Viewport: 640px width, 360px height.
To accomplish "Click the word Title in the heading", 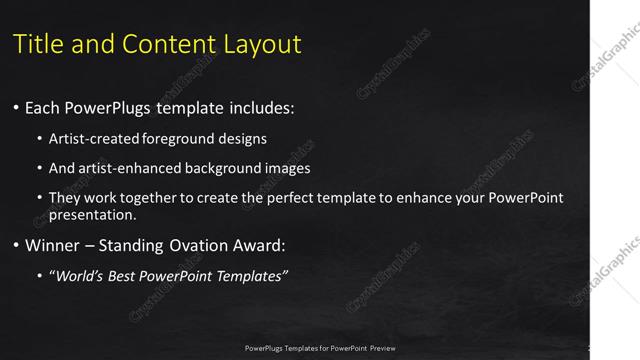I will (x=39, y=44).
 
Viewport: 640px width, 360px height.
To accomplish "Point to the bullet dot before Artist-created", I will (x=39, y=138).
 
